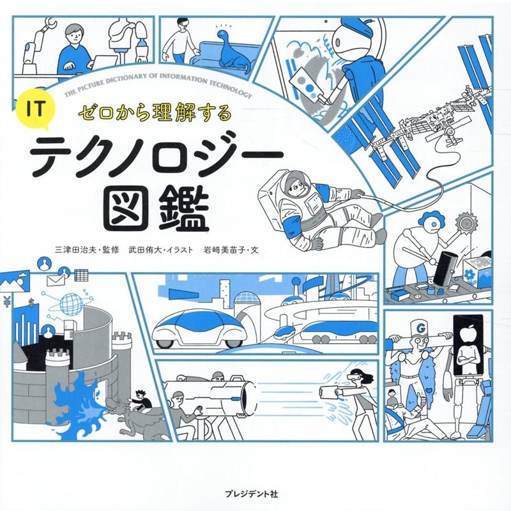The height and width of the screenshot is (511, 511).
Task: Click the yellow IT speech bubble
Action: [x=36, y=110]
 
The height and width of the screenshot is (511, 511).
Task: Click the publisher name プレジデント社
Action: [x=252, y=494]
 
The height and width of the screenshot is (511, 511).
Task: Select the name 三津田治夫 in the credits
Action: [x=77, y=250]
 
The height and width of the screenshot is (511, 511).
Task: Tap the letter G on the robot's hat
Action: [x=421, y=328]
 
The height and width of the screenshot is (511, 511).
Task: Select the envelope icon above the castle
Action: [x=56, y=280]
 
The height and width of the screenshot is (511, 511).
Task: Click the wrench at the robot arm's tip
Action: [x=49, y=24]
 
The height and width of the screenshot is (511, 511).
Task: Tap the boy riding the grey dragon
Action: [x=141, y=399]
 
